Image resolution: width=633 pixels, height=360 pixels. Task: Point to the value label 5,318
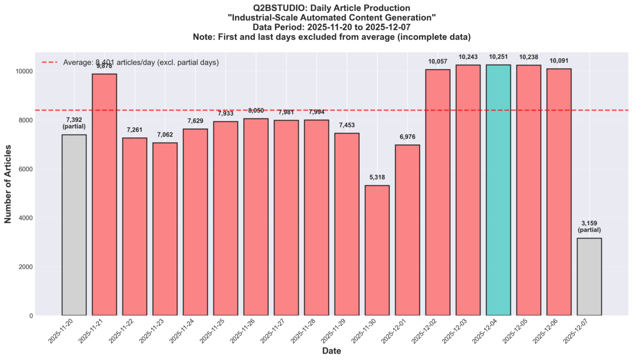pyautogui.click(x=377, y=177)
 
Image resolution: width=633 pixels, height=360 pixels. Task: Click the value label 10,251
pyautogui.click(x=498, y=56)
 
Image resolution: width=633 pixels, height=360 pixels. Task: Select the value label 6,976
pyautogui.click(x=407, y=137)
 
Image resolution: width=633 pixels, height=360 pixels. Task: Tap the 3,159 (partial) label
pyautogui.click(x=589, y=226)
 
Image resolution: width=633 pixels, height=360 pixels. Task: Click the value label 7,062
pyautogui.click(x=165, y=134)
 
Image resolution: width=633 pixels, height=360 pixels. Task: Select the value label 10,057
pyautogui.click(x=438, y=61)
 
